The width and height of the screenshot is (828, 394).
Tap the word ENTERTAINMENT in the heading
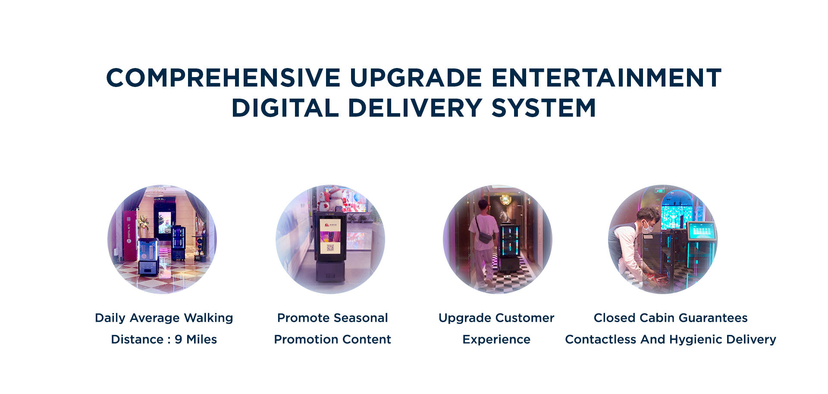click(606, 78)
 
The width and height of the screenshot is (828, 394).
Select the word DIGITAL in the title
click(285, 108)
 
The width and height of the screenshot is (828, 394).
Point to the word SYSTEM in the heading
click(544, 108)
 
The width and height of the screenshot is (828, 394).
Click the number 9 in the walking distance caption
click(178, 339)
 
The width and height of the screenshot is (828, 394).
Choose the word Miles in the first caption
click(201, 339)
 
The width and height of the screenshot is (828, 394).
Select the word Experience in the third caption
click(496, 340)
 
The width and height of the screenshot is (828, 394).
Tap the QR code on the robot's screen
click(330, 247)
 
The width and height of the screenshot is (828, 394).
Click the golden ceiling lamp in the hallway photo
click(505, 200)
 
